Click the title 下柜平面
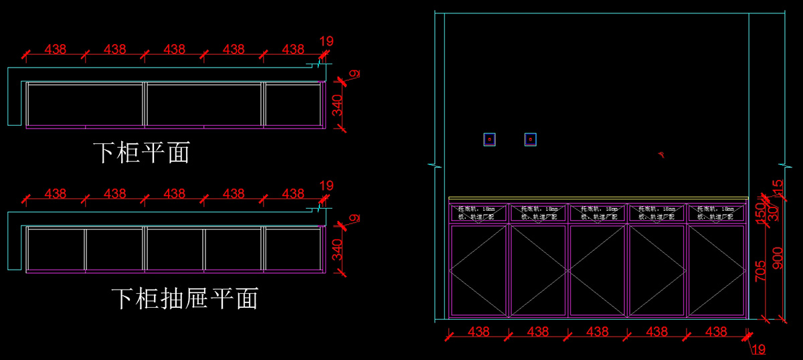141,153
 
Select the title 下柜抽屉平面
184,298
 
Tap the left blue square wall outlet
490,139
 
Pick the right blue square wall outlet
531,139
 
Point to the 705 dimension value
761,270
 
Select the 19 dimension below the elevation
758,349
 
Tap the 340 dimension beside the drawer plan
338,249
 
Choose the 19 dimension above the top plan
326,41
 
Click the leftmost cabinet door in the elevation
478,270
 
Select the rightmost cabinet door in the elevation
717,270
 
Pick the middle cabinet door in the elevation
598,270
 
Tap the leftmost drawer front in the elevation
478,213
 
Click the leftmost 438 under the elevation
478,331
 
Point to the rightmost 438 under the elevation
716,331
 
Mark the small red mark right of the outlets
660,155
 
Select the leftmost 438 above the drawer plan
56,193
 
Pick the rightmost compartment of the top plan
292,104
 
